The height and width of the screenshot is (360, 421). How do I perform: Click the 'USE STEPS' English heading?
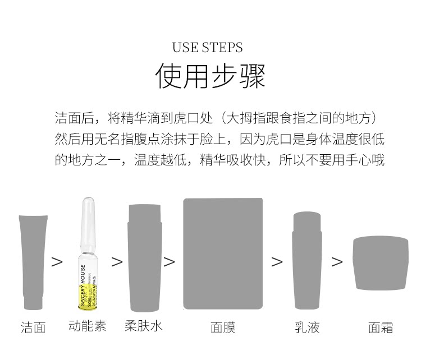(207, 47)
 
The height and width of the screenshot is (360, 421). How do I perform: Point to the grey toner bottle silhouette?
(145, 256)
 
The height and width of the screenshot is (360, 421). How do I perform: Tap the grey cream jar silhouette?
(381, 263)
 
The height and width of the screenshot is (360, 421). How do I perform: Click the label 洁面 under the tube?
(33, 327)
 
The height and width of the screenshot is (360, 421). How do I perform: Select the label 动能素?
(88, 326)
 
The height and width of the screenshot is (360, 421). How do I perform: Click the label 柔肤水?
(144, 326)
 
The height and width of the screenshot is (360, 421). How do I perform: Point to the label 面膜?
(223, 327)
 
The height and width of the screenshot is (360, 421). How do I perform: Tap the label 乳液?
(307, 327)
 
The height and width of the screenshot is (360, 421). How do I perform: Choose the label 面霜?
(381, 327)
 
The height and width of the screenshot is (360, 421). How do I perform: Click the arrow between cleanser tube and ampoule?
(57, 262)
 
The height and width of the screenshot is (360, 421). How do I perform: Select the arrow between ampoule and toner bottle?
(117, 262)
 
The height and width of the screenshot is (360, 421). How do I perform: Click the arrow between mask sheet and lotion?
(277, 262)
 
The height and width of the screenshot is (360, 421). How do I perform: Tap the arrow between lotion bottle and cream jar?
(337, 262)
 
